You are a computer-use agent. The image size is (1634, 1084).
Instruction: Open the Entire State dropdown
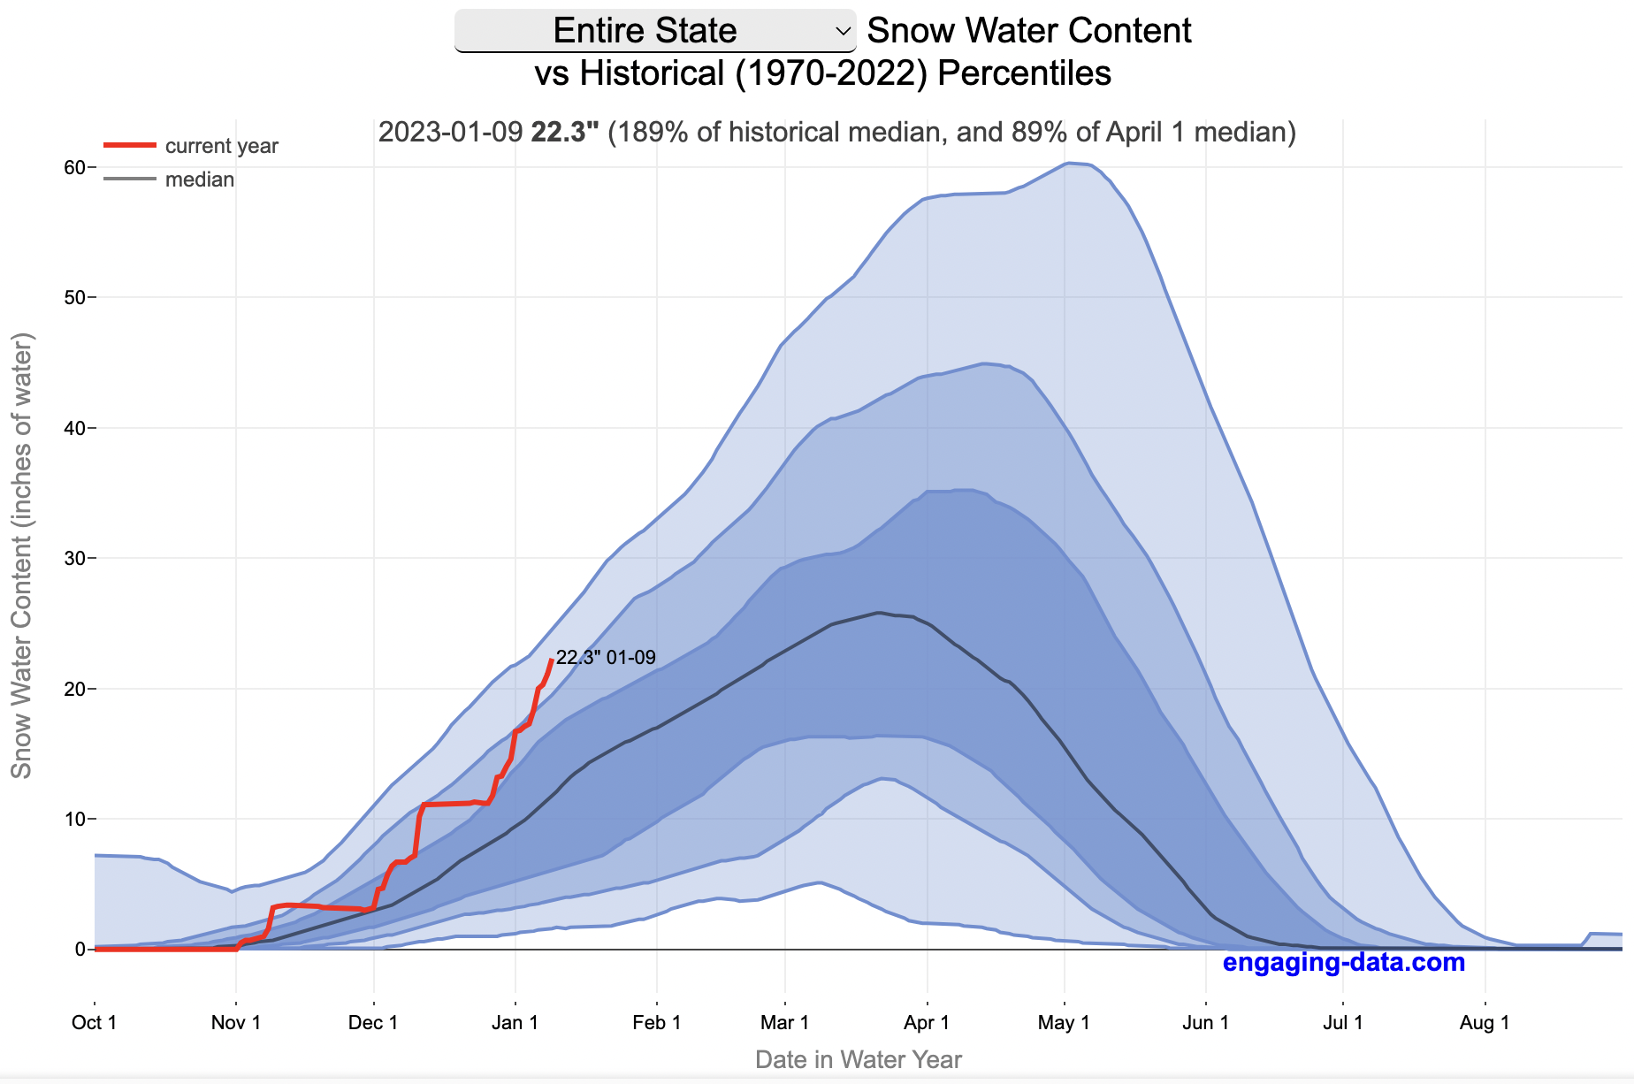(654, 31)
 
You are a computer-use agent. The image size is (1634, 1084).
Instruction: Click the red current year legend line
(130, 145)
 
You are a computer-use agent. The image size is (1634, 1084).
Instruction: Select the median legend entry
(199, 179)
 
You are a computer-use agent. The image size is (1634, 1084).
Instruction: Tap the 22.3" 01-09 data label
(606, 657)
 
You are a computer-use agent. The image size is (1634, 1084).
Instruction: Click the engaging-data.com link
(1343, 962)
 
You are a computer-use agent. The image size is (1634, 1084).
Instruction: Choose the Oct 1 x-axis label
(95, 1022)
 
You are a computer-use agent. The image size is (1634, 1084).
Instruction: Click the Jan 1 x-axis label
(515, 1022)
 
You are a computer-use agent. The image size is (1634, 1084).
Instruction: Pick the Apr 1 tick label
(927, 1022)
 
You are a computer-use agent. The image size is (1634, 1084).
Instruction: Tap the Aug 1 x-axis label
(1485, 1022)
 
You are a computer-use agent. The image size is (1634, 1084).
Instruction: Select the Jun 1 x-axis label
(1206, 1022)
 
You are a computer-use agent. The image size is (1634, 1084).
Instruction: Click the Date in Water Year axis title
(858, 1059)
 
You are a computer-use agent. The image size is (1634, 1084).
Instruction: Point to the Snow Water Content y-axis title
(21, 555)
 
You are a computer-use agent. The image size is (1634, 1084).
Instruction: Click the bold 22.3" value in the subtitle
(564, 133)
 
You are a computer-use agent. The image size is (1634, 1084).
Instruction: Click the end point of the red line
(552, 660)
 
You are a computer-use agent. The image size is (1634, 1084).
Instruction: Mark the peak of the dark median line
(878, 612)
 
